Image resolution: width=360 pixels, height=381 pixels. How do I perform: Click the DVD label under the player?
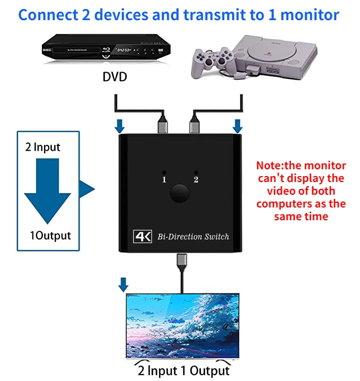point(115,77)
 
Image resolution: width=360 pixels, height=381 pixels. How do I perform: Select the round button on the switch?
point(180,194)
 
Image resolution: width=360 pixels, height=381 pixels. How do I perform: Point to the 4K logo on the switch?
point(142,236)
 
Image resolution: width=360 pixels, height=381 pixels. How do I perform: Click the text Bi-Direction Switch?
point(194,236)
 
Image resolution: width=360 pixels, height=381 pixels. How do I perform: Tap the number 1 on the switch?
point(164,180)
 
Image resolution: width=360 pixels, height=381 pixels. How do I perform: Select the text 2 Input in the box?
point(43,147)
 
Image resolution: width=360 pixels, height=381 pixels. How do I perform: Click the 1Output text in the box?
point(50,235)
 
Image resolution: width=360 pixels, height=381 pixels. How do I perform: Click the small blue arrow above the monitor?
point(124,285)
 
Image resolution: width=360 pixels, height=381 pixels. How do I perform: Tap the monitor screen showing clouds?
point(181,326)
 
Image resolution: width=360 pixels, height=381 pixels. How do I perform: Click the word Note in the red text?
point(268,166)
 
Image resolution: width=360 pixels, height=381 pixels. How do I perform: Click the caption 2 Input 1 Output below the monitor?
point(182,370)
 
